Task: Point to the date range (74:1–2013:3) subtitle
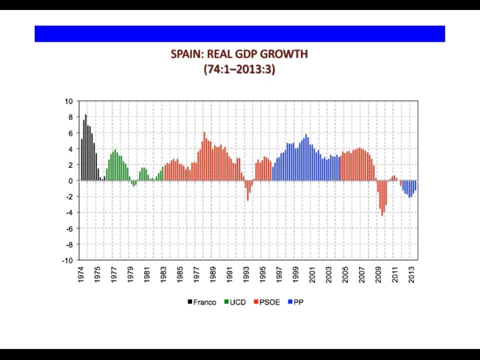(239, 69)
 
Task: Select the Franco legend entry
(202, 302)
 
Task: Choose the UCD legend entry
(235, 302)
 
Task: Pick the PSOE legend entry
(267, 302)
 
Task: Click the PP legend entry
(295, 302)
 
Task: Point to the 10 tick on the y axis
(69, 101)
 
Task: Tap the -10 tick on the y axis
(67, 260)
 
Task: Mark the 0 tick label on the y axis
(70, 180)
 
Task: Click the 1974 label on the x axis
(81, 274)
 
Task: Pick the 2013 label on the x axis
(411, 274)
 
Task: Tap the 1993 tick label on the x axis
(246, 274)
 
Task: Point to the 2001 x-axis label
(312, 274)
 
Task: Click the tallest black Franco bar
(85, 147)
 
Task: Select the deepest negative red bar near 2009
(382, 198)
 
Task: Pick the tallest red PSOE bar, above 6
(204, 156)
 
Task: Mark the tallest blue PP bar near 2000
(306, 157)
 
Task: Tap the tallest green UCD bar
(115, 165)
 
